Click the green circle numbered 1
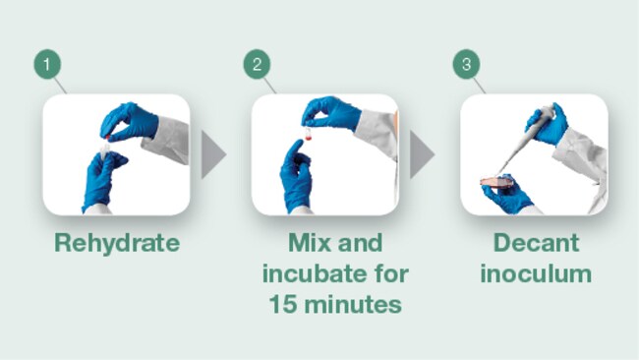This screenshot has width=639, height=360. point(48,64)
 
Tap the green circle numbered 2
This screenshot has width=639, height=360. point(258,64)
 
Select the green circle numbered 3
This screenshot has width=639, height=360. point(467,64)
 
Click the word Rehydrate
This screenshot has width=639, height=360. point(117,243)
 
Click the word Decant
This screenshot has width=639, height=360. point(536,243)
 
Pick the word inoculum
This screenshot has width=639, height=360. point(536,273)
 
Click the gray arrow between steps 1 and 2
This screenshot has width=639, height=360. point(212,154)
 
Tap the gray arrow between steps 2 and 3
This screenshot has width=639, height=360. point(422,154)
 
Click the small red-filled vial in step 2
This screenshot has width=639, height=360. point(309,134)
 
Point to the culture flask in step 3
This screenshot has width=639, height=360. point(496,182)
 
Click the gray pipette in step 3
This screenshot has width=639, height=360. point(524,139)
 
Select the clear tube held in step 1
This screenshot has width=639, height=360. point(105,150)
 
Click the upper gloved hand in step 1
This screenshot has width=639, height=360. point(129,122)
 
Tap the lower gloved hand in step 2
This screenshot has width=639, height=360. point(296,176)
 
